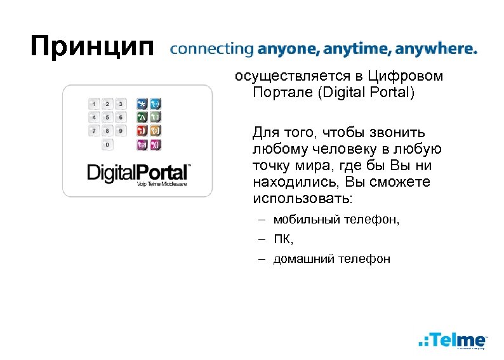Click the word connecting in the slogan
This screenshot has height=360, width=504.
(212, 50)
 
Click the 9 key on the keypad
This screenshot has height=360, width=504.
(121, 130)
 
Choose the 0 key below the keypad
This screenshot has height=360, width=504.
(107, 145)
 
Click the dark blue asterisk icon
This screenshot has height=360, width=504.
(142, 103)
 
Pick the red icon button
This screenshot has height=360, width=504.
(142, 131)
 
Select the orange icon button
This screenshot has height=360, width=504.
(156, 131)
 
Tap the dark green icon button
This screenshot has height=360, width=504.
(142, 117)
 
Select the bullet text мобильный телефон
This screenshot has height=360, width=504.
(337, 220)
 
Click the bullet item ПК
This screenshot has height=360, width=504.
(283, 239)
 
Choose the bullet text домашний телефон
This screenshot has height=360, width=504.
(331, 258)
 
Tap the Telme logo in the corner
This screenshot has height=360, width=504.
(453, 340)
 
